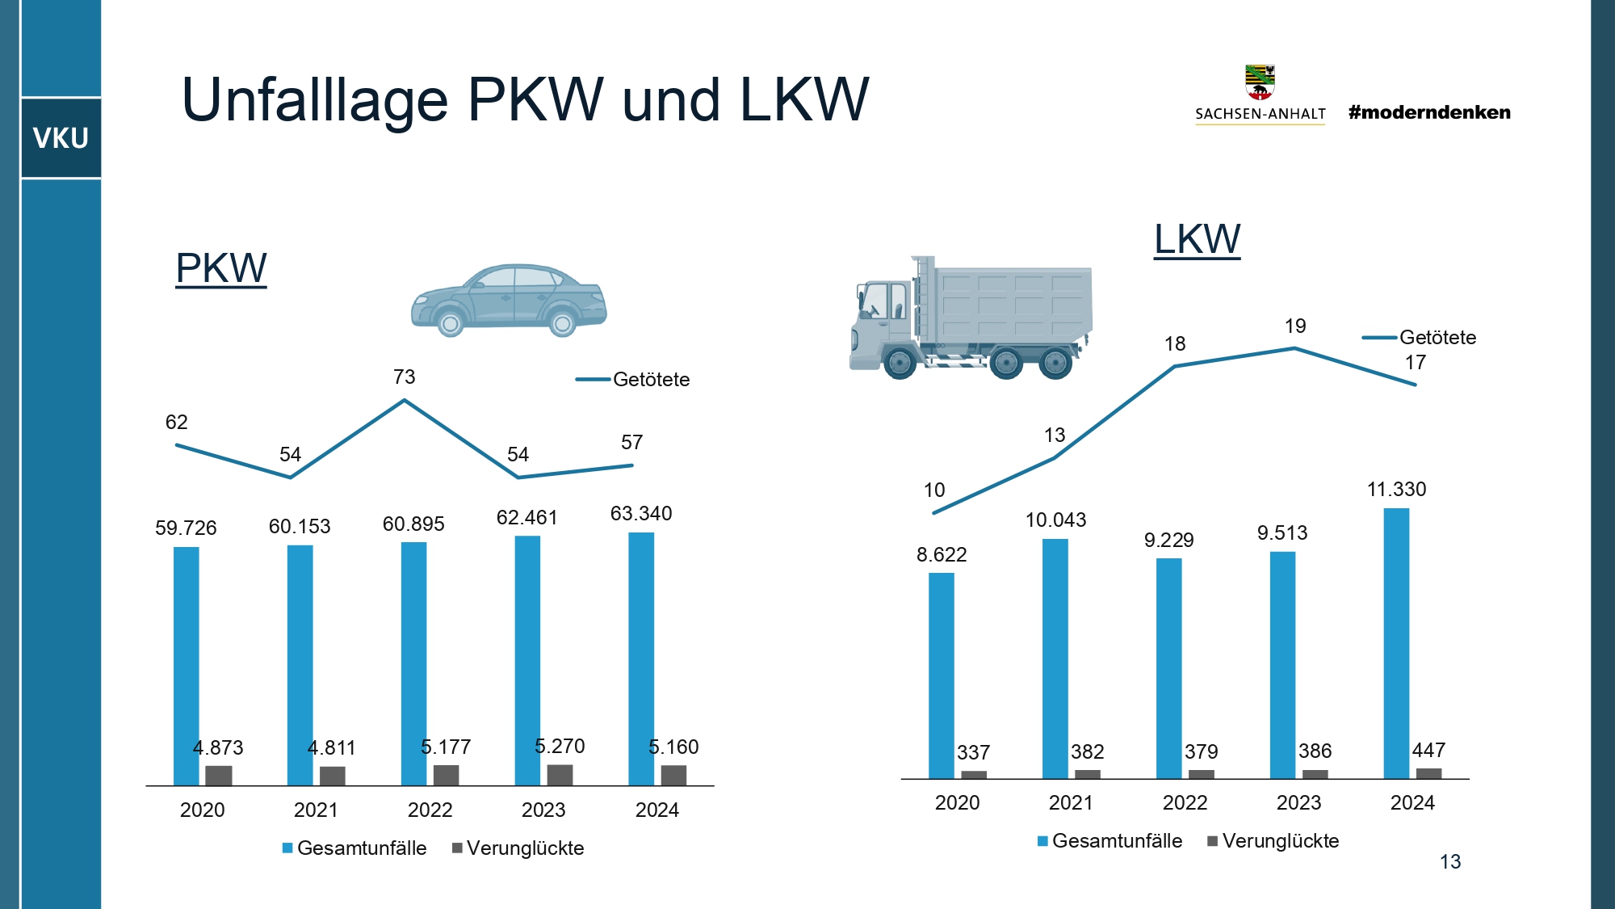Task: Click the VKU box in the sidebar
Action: coord(61,138)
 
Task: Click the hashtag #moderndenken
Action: coord(1429,112)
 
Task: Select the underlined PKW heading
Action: coord(220,268)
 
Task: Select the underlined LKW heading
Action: coord(1197,239)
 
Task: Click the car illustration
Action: coord(509,300)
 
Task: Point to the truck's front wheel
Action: coord(900,363)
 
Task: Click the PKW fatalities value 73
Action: coord(404,377)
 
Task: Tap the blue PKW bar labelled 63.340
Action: coord(641,659)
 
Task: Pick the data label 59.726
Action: coord(186,528)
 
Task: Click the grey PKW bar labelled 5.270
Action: coord(560,775)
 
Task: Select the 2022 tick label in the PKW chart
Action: coord(430,810)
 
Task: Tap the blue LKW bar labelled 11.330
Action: coord(1396,642)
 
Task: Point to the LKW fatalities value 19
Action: coord(1295,326)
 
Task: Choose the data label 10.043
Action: coord(1055,520)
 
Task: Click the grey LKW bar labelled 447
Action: coord(1428,773)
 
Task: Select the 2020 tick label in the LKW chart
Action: coord(957,802)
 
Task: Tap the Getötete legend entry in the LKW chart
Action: coord(1421,337)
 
